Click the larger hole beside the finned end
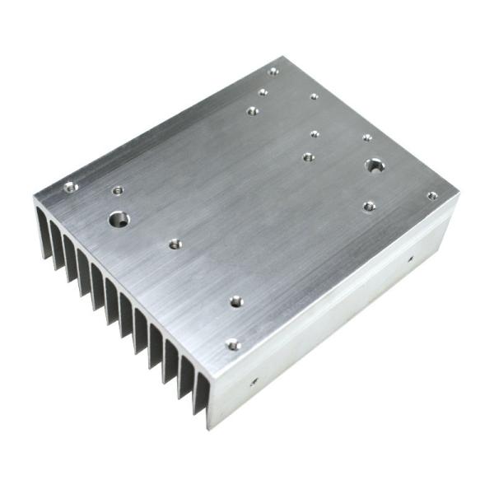pos(119,220)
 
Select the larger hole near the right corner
pos(375,165)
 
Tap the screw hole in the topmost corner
pos(273,72)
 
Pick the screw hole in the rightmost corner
pos(431,196)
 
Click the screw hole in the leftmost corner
pos(71,188)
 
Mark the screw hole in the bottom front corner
pos(233,344)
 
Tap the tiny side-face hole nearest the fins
pos(254,381)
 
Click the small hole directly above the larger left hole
pos(117,190)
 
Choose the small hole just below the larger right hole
pos(369,205)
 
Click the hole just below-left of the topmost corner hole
pos(263,92)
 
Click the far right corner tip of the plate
pos(459,196)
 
